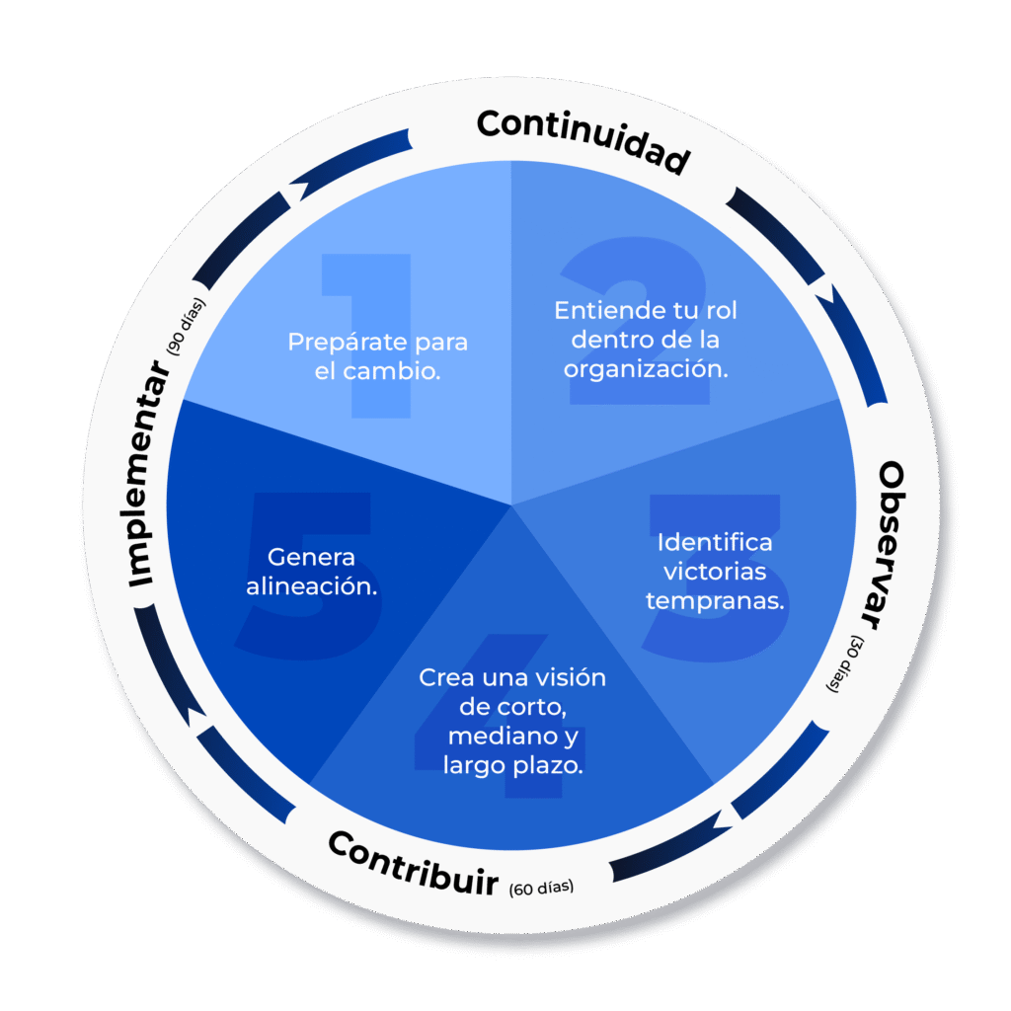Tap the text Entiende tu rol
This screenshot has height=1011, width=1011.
point(646,310)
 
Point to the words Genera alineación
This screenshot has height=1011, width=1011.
point(311,570)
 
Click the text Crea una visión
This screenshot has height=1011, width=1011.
point(512,678)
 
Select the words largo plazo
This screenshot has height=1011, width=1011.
point(513,764)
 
